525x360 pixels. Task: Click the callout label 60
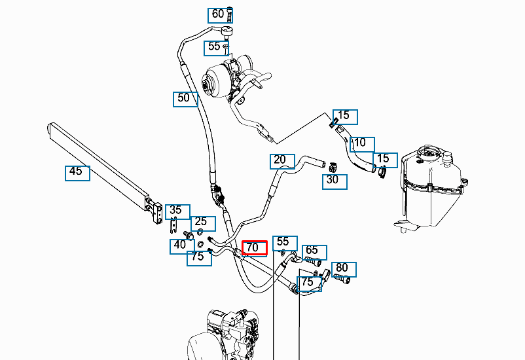[217, 14]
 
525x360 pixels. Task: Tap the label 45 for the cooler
[77, 172]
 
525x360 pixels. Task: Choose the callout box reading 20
[280, 160]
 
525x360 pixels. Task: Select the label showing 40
[179, 246]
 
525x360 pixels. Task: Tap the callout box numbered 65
[313, 251]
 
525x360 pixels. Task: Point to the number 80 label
[342, 268]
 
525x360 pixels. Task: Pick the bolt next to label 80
[342, 279]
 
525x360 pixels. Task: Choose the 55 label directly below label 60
[215, 46]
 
